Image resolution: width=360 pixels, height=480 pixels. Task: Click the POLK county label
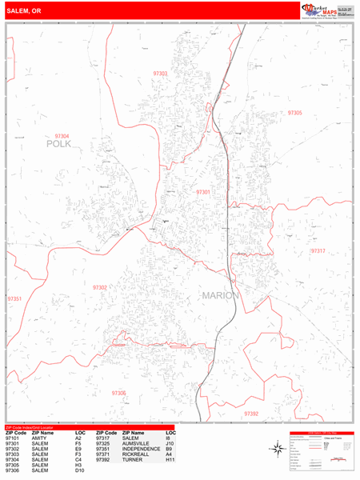click(58, 145)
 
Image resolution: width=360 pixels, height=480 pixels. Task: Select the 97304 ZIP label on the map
click(56, 137)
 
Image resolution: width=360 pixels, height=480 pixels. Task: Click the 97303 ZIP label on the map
click(161, 74)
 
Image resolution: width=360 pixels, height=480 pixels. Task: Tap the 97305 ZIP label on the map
click(294, 113)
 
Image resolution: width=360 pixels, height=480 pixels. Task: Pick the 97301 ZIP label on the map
click(203, 192)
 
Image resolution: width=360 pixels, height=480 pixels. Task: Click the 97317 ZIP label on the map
click(318, 251)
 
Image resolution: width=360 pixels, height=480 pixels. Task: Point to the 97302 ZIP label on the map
click(100, 287)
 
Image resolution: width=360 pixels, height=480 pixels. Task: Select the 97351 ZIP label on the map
click(15, 299)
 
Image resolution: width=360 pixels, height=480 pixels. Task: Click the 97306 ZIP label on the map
click(118, 394)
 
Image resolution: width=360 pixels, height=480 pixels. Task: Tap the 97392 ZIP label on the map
click(251, 414)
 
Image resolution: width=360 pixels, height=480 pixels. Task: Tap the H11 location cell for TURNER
click(170, 461)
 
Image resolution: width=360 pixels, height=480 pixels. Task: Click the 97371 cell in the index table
click(102, 455)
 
